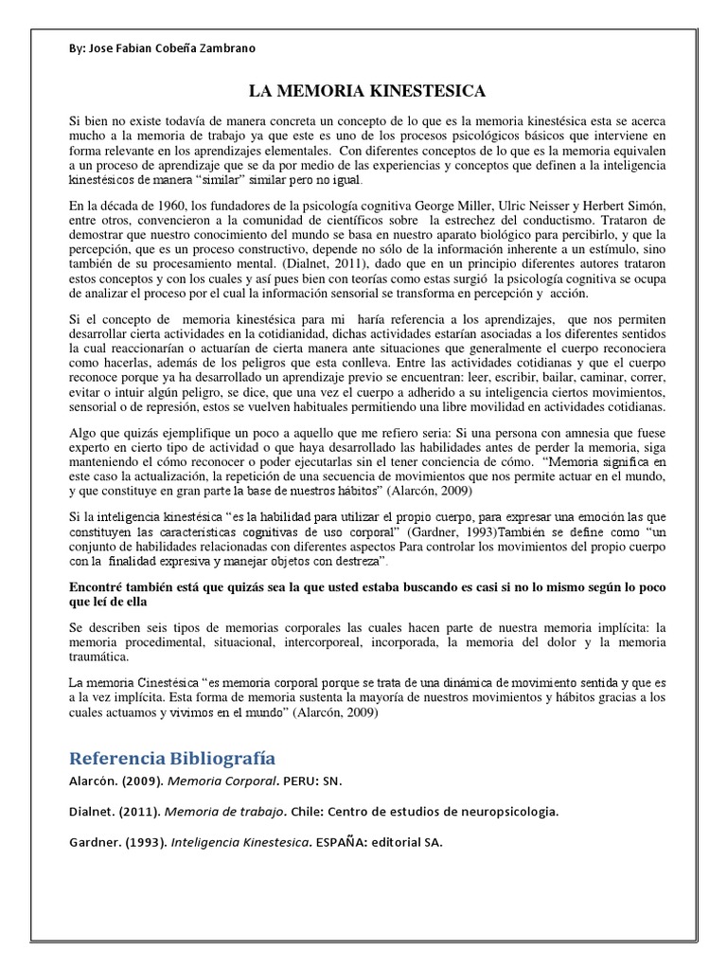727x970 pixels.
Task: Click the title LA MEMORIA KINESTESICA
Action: (367, 92)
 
